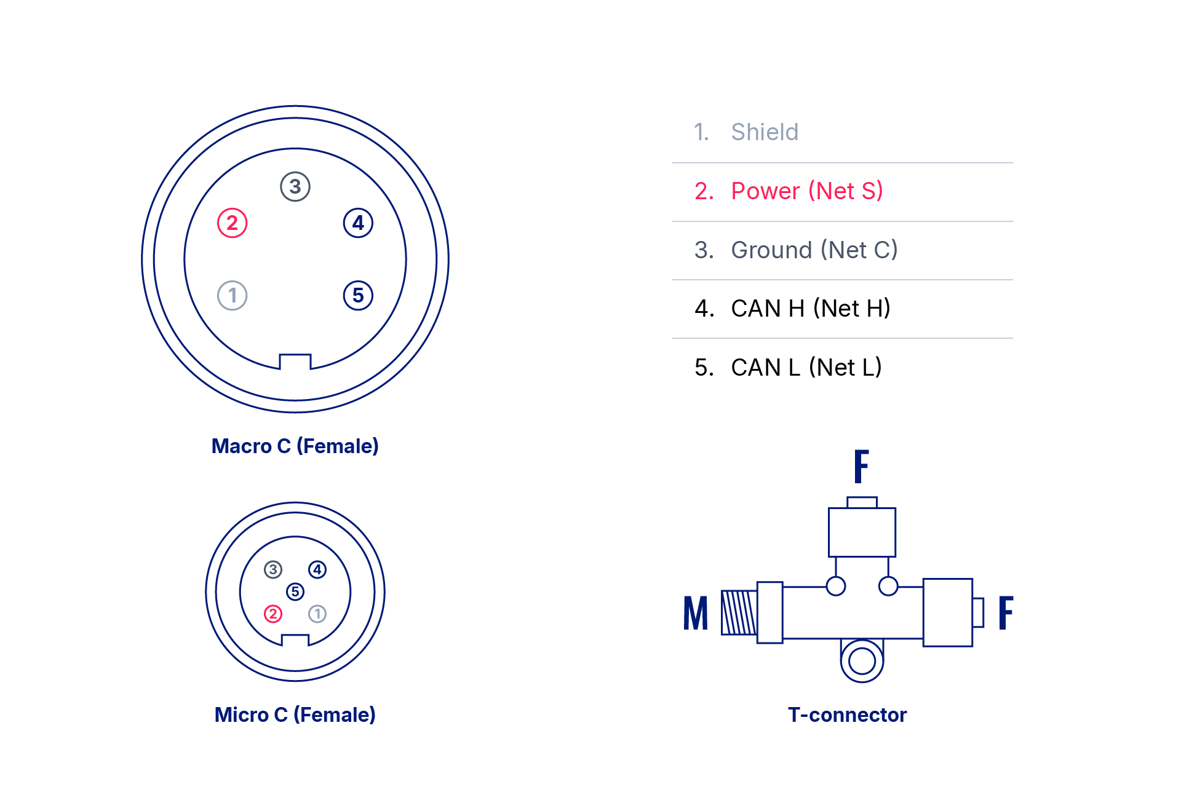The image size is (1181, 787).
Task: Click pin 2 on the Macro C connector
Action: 233,223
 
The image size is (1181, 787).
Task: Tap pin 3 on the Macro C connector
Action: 295,186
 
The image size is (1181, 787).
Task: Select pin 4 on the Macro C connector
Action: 358,223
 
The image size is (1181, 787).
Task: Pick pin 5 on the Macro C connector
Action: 358,296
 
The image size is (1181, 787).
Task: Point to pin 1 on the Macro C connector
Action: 233,296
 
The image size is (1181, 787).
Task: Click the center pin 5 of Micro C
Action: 295,591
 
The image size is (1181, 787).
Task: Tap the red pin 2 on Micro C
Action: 273,614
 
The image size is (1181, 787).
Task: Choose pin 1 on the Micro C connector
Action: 317,614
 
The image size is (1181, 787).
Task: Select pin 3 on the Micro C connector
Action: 273,570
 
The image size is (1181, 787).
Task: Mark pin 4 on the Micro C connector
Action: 317,570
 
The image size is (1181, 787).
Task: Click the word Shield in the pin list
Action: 765,132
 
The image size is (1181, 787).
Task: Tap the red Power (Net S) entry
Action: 806,191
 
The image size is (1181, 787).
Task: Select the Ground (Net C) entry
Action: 814,250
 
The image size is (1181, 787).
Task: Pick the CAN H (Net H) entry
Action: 810,309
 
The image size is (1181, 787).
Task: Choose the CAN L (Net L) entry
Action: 806,368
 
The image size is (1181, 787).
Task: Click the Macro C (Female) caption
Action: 295,446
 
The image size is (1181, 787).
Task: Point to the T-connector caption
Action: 847,714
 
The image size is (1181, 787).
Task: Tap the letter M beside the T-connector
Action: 696,613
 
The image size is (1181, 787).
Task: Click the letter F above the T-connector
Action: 861,466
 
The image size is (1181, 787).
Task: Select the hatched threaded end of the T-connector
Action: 739,612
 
